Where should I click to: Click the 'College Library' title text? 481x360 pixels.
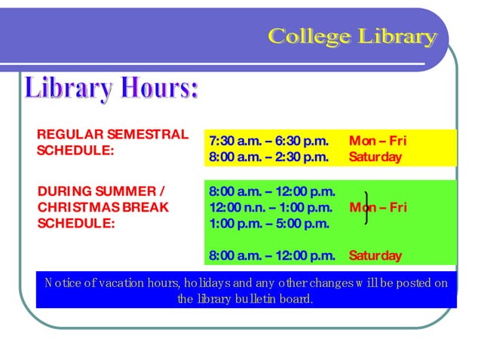[x=352, y=35]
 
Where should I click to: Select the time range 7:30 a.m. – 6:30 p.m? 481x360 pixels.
[x=268, y=141]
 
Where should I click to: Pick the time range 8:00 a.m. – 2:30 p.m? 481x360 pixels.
[x=268, y=157]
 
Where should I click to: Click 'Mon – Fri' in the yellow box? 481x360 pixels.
[x=378, y=141]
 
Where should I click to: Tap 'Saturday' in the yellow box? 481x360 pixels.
[x=375, y=157]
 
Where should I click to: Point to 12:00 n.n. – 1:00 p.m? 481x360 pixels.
[x=271, y=207]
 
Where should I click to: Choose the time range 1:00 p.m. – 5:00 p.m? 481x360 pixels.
[x=268, y=223]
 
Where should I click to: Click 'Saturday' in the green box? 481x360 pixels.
[x=375, y=256]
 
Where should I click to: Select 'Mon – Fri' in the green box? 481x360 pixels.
[x=378, y=207]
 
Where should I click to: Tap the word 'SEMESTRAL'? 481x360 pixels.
[x=147, y=135]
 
